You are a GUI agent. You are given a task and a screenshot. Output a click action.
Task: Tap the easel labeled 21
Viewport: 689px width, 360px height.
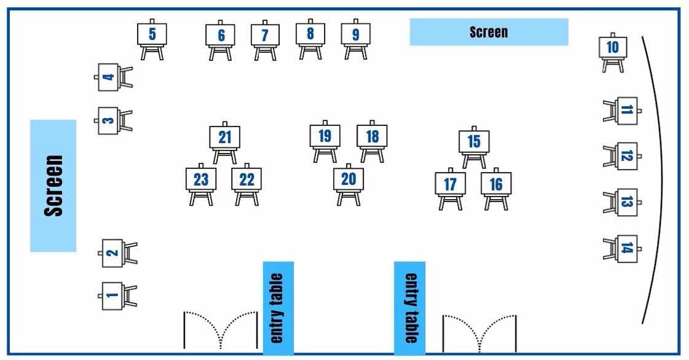[x=224, y=138]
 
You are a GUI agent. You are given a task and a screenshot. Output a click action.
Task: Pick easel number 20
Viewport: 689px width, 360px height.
[x=348, y=180]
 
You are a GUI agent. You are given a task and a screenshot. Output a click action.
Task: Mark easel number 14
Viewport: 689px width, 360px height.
[x=626, y=248]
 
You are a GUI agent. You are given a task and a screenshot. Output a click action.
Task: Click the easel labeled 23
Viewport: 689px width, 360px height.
[x=201, y=181]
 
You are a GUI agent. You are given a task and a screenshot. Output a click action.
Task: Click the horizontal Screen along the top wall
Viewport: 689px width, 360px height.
[x=489, y=32]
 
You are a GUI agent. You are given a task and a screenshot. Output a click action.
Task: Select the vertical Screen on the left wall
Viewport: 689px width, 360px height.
[x=53, y=186]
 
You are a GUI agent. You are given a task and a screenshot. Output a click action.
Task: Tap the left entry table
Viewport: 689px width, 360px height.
[x=278, y=308]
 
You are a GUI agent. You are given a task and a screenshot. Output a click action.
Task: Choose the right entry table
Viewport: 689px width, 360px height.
[x=409, y=308]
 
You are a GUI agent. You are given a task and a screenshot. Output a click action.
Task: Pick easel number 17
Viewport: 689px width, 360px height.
[x=451, y=184]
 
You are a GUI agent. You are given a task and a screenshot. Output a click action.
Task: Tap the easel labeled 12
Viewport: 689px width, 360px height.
[x=626, y=156]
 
